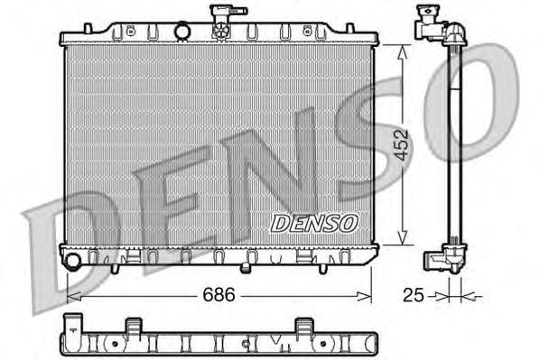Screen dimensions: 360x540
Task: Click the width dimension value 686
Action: [x=212, y=294]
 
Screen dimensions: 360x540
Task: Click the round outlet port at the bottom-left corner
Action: [x=72, y=262]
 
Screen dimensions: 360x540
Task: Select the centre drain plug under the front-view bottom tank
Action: [x=245, y=267]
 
